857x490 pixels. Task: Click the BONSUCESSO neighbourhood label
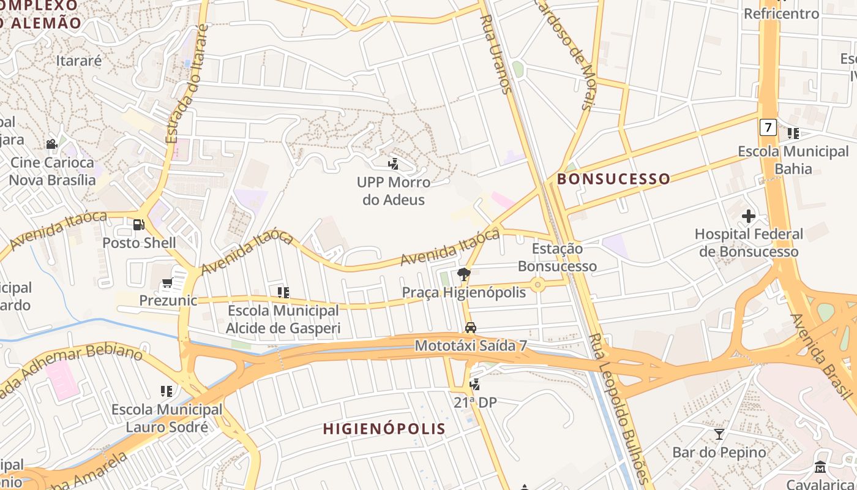click(x=613, y=179)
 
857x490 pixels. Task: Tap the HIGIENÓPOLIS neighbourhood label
click(x=384, y=428)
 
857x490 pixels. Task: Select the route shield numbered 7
click(x=768, y=127)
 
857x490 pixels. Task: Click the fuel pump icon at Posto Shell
click(x=139, y=225)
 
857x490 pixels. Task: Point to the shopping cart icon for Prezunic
click(x=167, y=283)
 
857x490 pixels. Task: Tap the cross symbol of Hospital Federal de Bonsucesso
click(x=748, y=216)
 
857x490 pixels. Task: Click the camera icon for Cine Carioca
click(x=52, y=145)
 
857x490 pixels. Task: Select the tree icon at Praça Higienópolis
click(x=464, y=274)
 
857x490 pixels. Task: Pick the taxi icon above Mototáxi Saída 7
click(x=470, y=328)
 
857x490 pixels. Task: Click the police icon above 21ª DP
click(x=474, y=384)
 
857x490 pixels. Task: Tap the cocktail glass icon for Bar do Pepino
click(x=719, y=434)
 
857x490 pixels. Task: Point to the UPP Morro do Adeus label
click(x=394, y=190)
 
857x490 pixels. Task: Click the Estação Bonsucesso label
click(x=557, y=257)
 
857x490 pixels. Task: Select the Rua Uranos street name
click(x=495, y=55)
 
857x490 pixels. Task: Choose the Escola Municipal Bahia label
click(x=793, y=160)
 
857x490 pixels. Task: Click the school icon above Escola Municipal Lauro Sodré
click(x=167, y=391)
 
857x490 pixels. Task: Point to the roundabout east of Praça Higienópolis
click(x=537, y=284)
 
